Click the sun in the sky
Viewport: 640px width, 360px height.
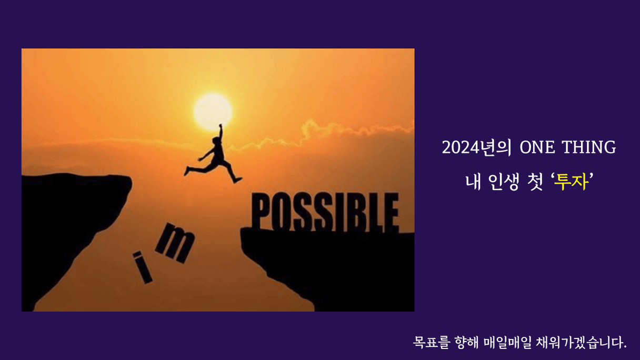pyautogui.click(x=213, y=112)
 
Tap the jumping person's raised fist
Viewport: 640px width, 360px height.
pyautogui.click(x=221, y=126)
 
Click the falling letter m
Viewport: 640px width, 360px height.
pyautogui.click(x=175, y=243)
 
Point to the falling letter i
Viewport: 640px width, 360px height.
pyautogui.click(x=142, y=267)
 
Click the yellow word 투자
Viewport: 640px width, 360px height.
pyautogui.click(x=571, y=182)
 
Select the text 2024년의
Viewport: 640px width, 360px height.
pyautogui.click(x=476, y=147)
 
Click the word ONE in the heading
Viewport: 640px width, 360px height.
pyautogui.click(x=537, y=147)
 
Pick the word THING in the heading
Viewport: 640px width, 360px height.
pyautogui.click(x=589, y=147)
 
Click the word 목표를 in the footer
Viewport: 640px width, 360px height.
pyautogui.click(x=432, y=342)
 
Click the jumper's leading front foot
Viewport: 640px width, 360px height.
pyautogui.click(x=237, y=180)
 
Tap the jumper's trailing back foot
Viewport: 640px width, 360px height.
pyautogui.click(x=187, y=171)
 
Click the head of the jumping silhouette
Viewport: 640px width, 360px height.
pyautogui.click(x=216, y=141)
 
